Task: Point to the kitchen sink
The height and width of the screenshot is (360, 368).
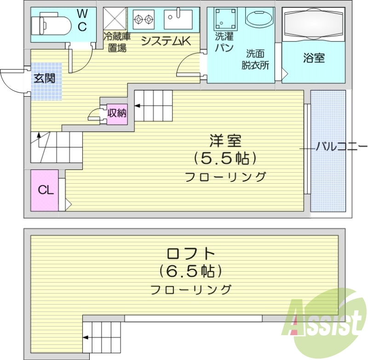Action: tap(178, 19)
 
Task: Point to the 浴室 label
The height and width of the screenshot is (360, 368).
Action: tap(314, 58)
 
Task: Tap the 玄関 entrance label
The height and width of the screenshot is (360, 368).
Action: tap(44, 78)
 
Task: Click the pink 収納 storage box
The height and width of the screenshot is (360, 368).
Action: tap(117, 112)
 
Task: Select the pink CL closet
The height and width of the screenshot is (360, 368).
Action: tap(45, 190)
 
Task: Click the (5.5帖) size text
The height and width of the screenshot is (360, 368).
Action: tap(224, 158)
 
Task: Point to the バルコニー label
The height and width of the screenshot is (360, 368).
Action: tap(341, 148)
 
